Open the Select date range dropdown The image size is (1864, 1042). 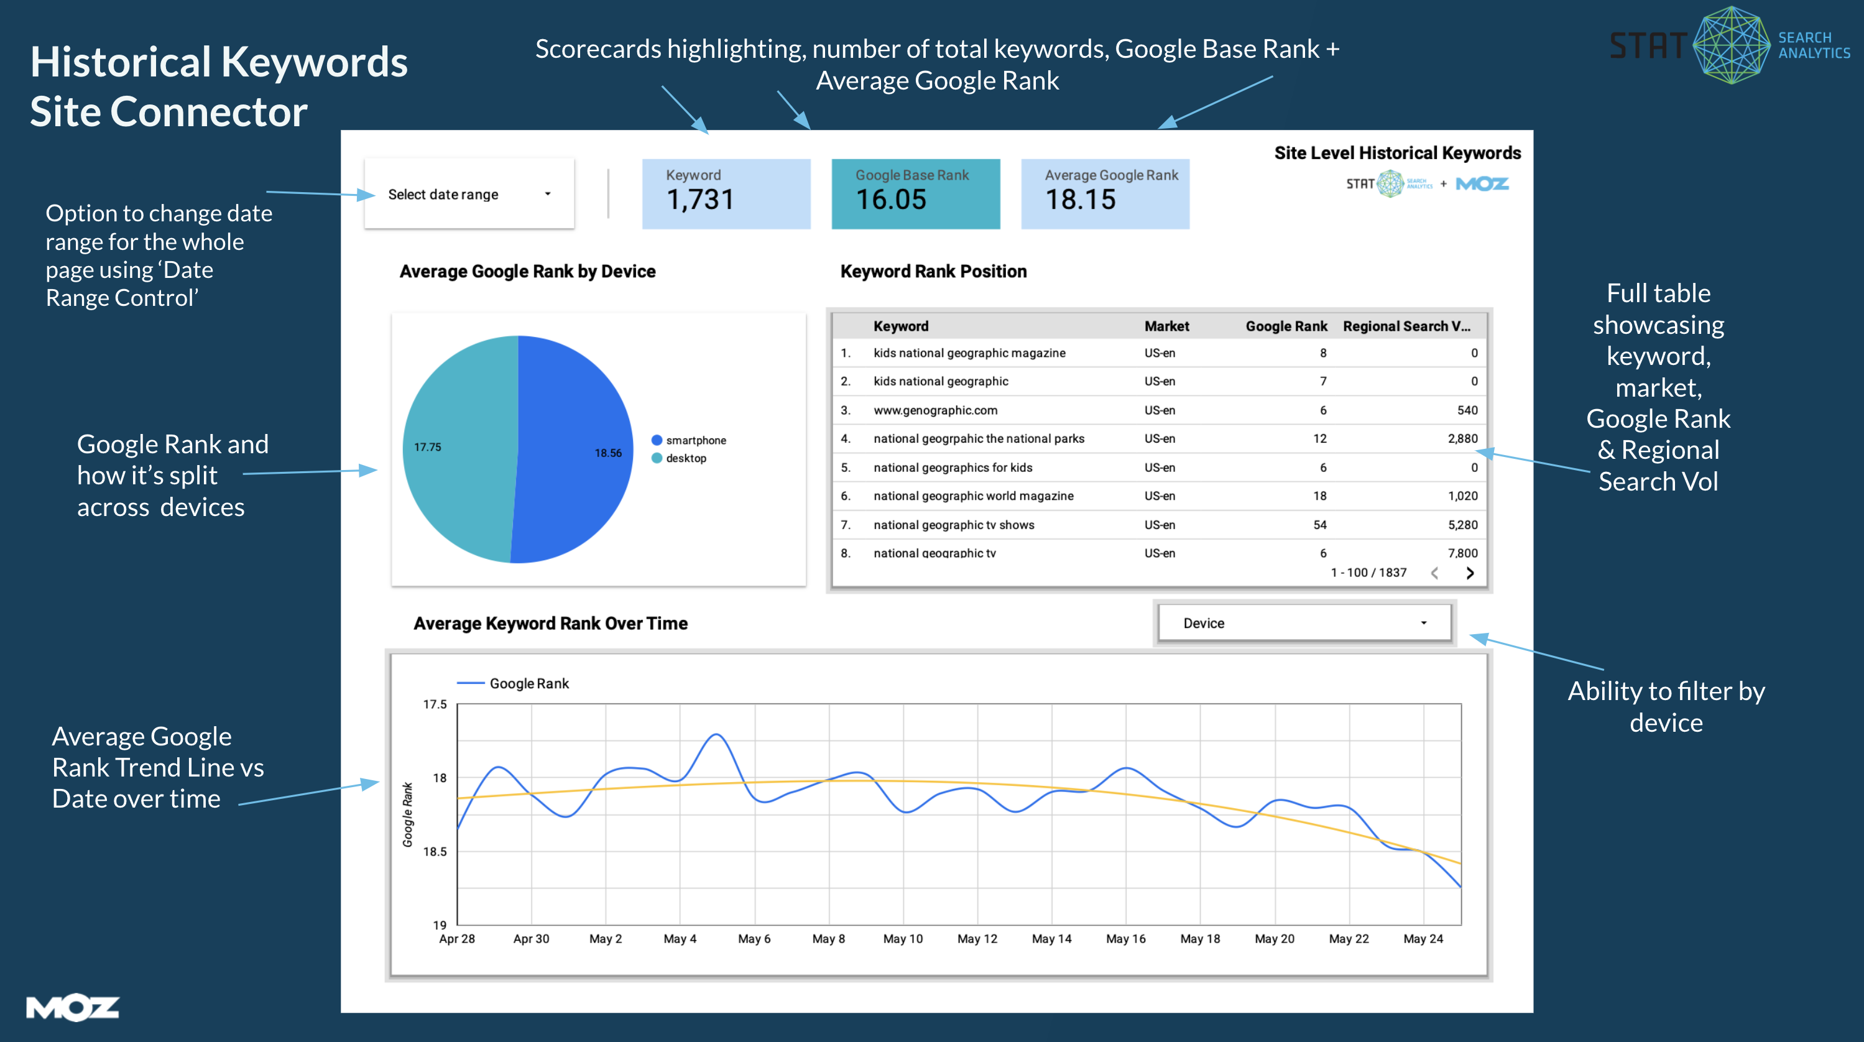pos(469,194)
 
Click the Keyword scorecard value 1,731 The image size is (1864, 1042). pos(699,200)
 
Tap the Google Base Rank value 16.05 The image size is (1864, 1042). pos(891,200)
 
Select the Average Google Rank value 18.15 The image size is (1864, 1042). pos(1081,200)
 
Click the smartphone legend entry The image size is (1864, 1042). pos(694,440)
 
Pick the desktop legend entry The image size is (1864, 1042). pos(685,458)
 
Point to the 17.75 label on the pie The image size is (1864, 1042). pos(427,447)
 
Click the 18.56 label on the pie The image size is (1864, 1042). pos(608,453)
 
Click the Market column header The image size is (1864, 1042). pos(1166,326)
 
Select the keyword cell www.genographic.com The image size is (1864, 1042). pos(935,410)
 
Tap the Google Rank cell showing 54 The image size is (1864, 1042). pos(1320,525)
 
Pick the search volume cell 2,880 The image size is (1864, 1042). pos(1462,438)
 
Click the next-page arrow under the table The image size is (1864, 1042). pos(1470,573)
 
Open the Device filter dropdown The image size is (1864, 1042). pos(1304,623)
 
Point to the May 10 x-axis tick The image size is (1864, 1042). pos(902,939)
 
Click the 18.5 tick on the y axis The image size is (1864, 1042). pos(435,852)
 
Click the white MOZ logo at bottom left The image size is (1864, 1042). pos(72,1007)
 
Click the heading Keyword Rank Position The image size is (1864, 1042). pos(933,271)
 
